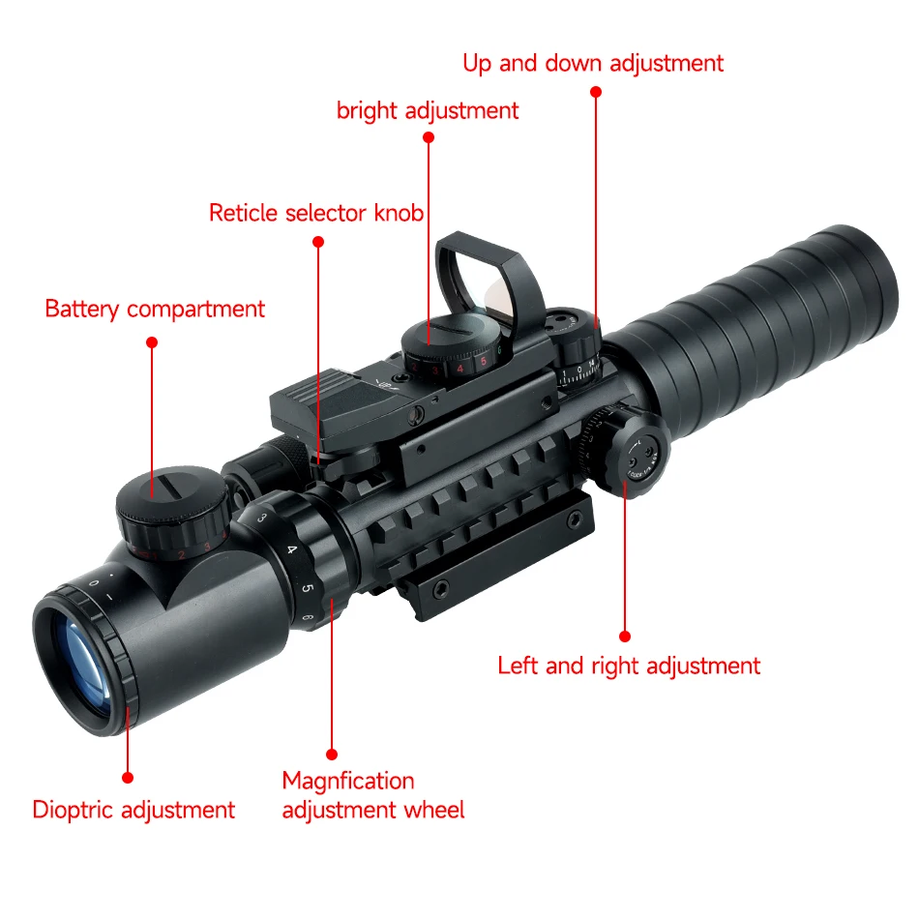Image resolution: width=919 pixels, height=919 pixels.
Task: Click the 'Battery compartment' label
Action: (155, 310)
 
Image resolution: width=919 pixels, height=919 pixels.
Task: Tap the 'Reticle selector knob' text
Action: (316, 213)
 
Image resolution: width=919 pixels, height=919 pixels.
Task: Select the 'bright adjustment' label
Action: (428, 111)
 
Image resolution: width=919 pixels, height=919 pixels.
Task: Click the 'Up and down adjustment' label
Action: (593, 64)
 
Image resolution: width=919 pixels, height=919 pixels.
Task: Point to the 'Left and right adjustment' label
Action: (629, 666)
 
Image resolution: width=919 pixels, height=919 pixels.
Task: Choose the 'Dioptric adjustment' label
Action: (133, 810)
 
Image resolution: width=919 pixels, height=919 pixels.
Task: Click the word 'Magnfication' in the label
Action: (348, 781)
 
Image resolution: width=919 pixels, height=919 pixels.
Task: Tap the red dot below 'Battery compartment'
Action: (152, 342)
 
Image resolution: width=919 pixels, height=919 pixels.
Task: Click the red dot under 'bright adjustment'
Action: (429, 138)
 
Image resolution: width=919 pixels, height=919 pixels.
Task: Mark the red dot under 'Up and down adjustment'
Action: (596, 91)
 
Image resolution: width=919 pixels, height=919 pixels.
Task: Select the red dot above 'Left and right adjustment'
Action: (625, 636)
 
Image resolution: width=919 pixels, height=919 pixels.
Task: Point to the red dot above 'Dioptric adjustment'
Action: (127, 777)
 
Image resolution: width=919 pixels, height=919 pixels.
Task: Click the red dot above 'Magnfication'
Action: (332, 754)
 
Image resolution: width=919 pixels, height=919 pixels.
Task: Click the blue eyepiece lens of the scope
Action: (81, 658)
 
